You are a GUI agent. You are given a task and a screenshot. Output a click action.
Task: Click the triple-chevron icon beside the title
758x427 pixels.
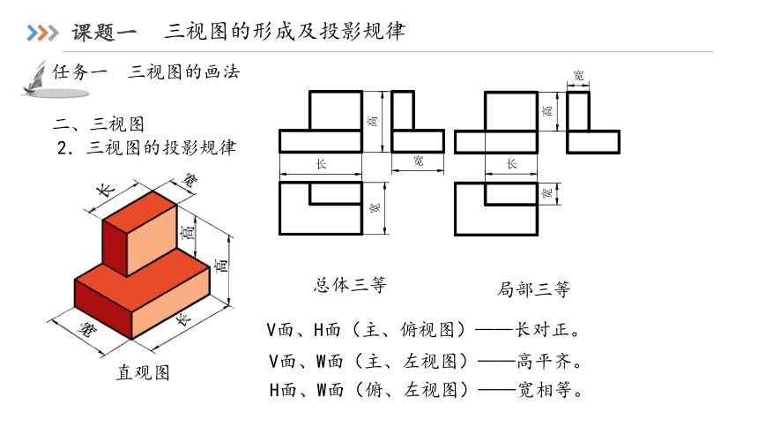[x=42, y=33]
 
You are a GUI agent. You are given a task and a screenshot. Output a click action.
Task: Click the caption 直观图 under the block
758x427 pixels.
[x=143, y=372]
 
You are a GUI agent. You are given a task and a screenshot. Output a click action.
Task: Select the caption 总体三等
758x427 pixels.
[x=350, y=285]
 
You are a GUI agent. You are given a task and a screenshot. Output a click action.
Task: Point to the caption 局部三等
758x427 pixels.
[x=533, y=289]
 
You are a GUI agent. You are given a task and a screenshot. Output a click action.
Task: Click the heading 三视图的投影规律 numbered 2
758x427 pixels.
[x=161, y=147]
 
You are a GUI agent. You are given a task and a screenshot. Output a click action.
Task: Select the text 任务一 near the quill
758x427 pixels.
[x=79, y=72]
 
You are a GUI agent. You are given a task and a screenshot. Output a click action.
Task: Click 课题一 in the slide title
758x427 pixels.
[x=104, y=33]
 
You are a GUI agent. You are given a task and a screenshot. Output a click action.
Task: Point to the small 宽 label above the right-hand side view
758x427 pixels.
[x=579, y=76]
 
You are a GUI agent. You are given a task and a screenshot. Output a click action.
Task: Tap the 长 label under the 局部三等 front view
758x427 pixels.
[x=511, y=164]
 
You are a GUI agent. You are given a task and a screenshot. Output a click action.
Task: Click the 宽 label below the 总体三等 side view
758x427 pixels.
[x=419, y=161]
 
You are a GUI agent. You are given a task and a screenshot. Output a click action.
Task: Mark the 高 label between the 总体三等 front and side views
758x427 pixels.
[x=374, y=121]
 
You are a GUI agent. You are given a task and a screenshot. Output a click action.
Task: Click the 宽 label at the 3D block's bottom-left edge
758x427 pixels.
[x=87, y=330]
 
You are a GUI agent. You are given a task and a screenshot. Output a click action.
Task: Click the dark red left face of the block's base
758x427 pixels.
[x=103, y=309]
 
